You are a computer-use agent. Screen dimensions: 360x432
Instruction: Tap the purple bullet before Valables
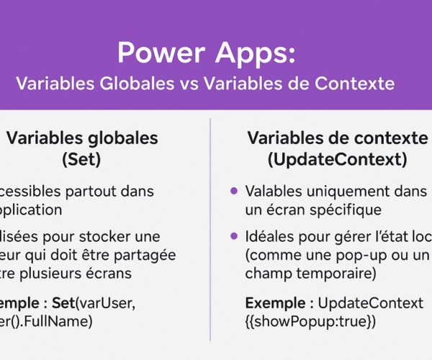233,192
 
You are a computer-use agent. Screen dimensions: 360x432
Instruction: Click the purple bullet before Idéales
233,237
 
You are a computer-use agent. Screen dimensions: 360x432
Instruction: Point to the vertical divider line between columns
210,230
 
